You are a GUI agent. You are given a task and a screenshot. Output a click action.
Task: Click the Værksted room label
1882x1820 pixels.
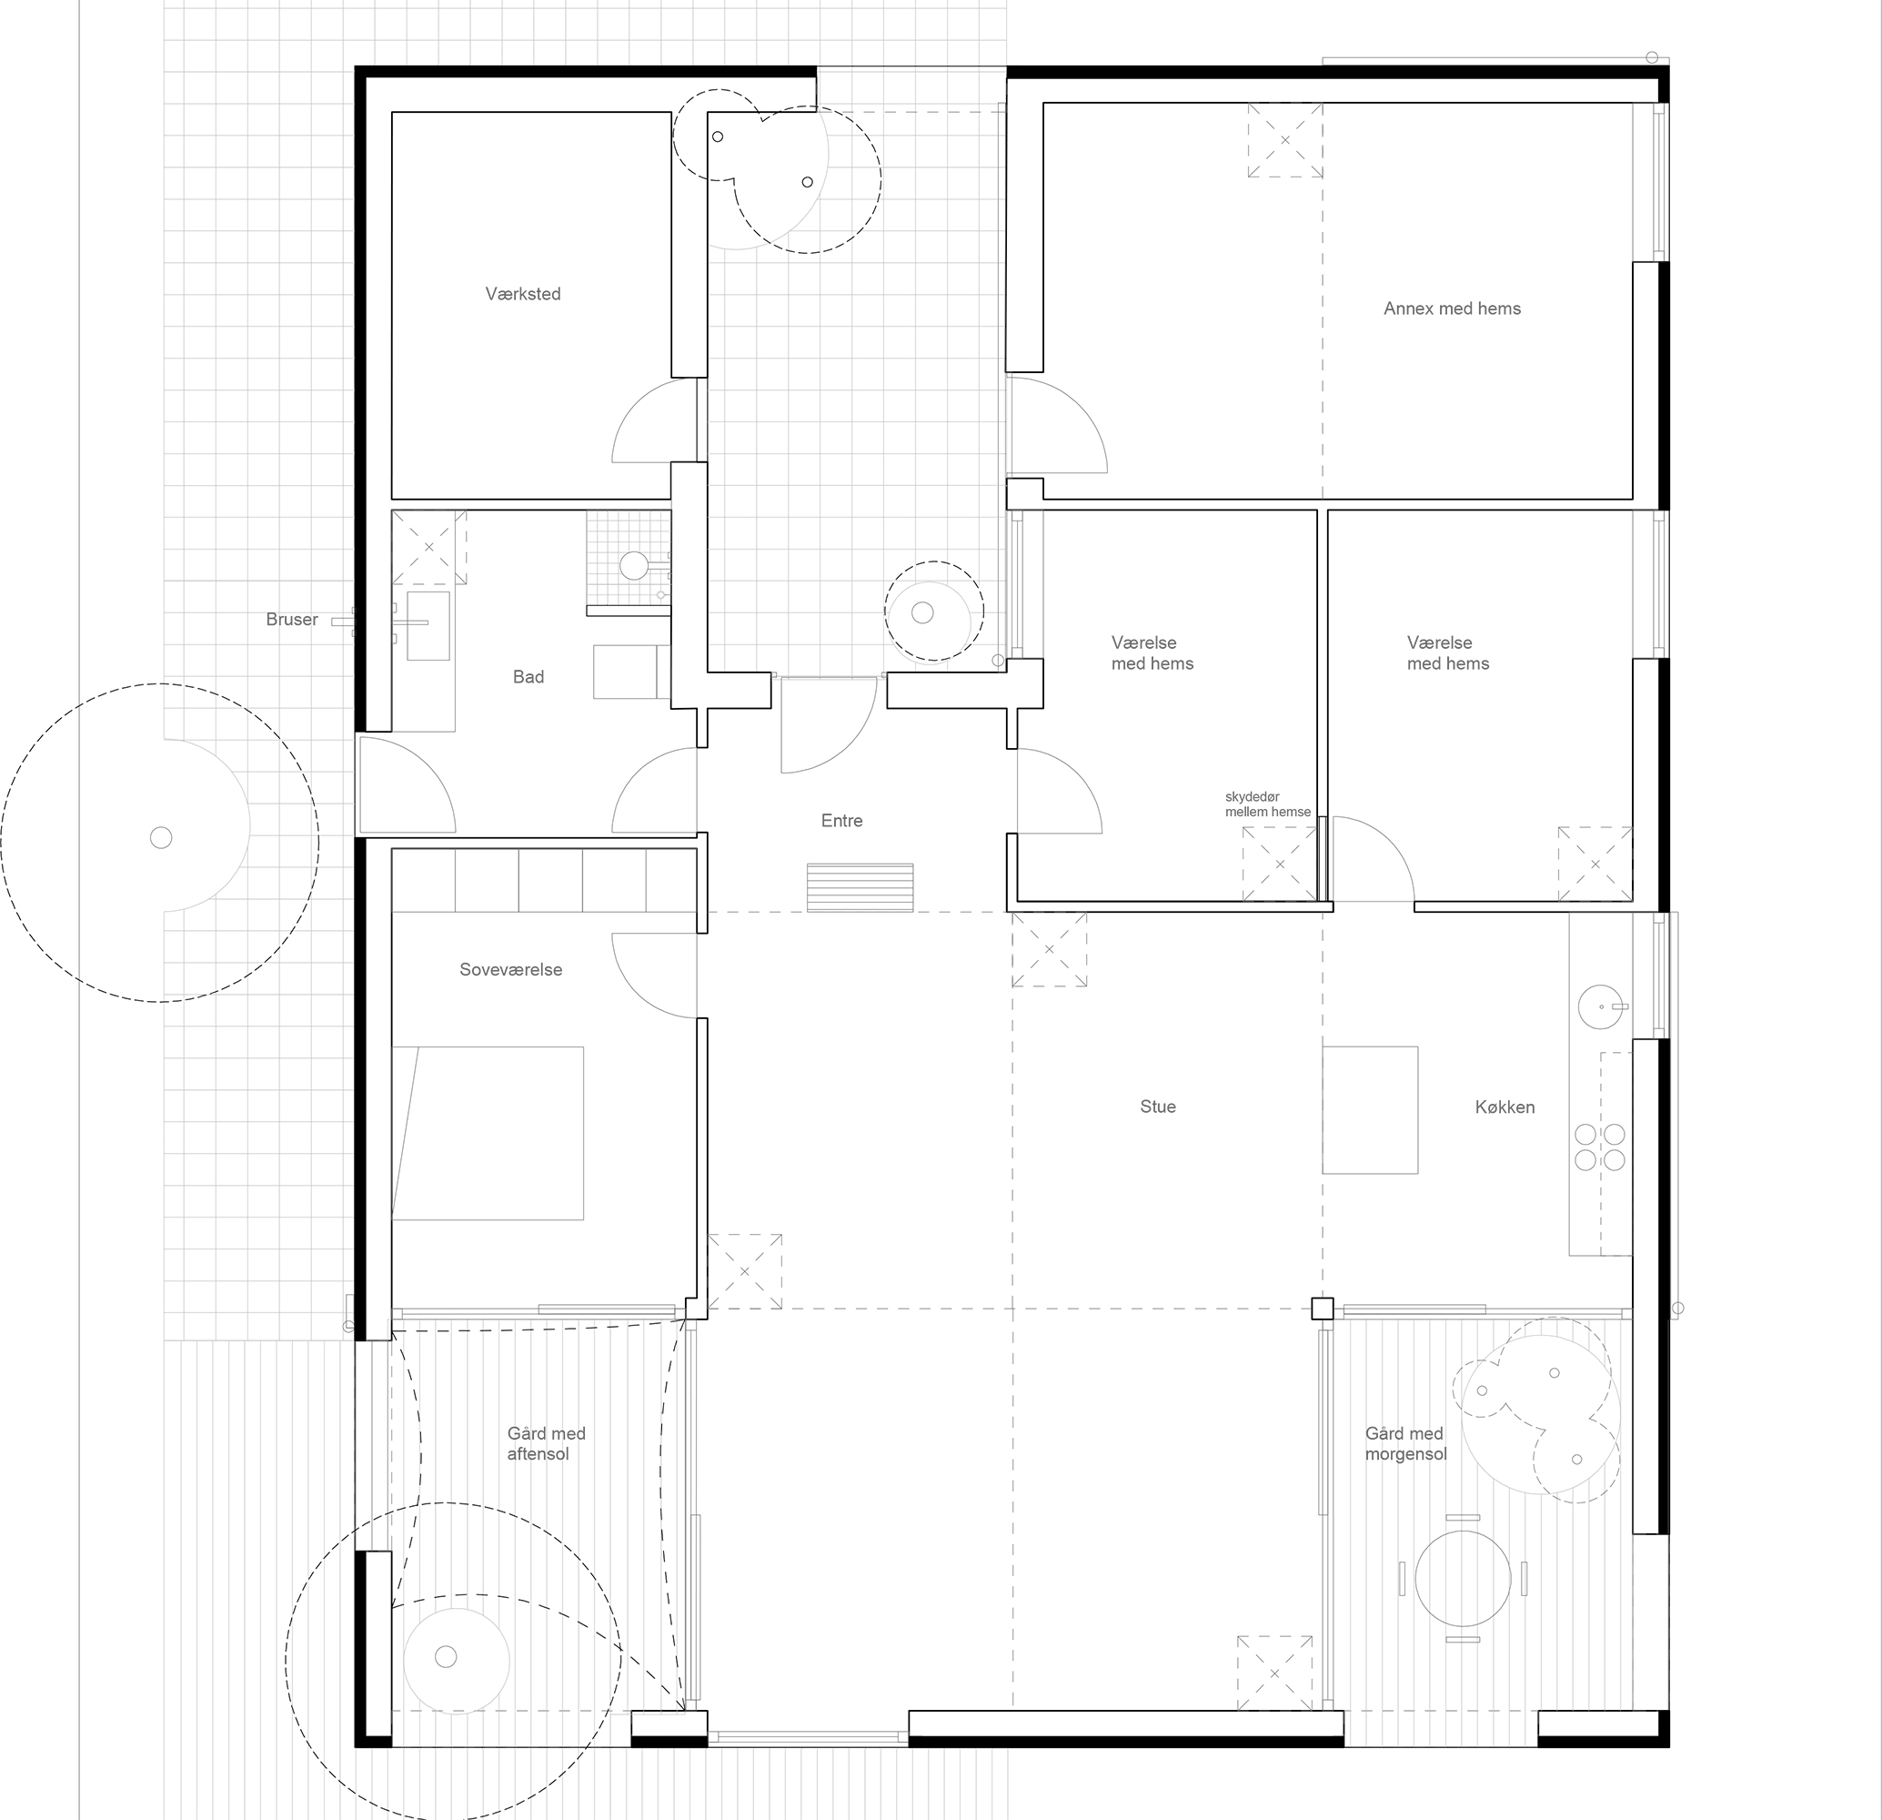click(522, 294)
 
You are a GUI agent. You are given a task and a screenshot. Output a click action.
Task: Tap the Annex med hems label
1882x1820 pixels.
click(1451, 308)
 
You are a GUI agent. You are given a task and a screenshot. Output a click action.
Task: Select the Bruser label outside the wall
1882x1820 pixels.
click(291, 620)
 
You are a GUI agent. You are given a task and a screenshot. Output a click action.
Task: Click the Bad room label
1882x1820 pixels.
click(528, 677)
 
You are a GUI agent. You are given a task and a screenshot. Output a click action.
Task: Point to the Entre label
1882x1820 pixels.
click(841, 820)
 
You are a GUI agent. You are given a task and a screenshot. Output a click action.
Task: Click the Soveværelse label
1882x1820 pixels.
click(511, 969)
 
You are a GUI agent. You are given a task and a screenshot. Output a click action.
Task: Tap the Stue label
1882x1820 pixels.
click(1157, 1107)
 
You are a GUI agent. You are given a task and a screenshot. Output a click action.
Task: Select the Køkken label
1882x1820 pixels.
click(1504, 1107)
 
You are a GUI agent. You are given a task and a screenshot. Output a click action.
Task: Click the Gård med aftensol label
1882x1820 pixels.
click(546, 1443)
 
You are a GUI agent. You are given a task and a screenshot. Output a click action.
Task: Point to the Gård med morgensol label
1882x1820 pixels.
click(1404, 1443)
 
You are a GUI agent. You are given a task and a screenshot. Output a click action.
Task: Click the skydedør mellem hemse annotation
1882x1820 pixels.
click(1267, 804)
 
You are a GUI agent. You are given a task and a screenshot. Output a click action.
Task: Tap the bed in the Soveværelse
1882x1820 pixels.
click(488, 1133)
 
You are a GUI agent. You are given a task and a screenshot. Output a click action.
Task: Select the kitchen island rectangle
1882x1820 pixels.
click(1369, 1110)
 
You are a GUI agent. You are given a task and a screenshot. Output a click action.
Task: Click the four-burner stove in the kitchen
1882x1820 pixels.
click(1600, 1147)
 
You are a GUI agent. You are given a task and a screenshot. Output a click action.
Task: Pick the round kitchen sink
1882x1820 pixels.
click(1598, 1006)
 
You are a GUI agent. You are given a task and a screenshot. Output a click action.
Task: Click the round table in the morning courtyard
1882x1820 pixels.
click(1463, 1578)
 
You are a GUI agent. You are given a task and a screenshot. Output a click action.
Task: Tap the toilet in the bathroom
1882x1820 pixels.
click(634, 565)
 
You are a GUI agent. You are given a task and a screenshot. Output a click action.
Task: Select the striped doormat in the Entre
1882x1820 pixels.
click(860, 887)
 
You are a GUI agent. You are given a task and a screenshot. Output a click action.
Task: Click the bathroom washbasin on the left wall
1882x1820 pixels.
click(428, 625)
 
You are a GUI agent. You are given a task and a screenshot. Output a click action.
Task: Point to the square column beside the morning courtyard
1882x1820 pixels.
click(1323, 1308)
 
